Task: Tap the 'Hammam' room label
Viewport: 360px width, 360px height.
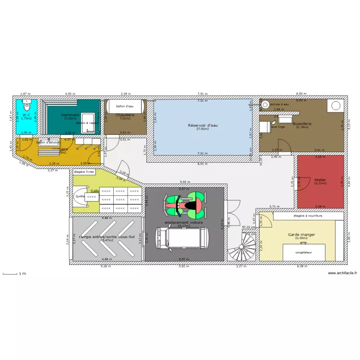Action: (x=70, y=115)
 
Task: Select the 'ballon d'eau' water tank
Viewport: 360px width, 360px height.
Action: (x=125, y=106)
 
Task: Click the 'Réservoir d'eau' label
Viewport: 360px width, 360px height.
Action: (x=203, y=125)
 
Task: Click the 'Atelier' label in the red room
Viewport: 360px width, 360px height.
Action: (x=320, y=180)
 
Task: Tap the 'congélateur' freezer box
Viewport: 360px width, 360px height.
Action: (x=303, y=252)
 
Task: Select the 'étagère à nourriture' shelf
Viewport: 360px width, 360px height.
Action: (x=308, y=216)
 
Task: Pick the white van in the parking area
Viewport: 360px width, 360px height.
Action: (x=183, y=239)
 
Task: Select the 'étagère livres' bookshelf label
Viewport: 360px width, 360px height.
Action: (x=84, y=171)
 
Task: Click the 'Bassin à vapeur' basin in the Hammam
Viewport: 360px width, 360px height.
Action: (x=87, y=122)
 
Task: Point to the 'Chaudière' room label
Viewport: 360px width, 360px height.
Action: (x=125, y=115)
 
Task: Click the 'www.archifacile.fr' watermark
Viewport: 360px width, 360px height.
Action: (x=342, y=273)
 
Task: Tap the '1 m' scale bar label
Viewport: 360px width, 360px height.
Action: (x=22, y=274)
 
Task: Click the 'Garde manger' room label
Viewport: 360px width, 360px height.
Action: (x=301, y=234)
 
